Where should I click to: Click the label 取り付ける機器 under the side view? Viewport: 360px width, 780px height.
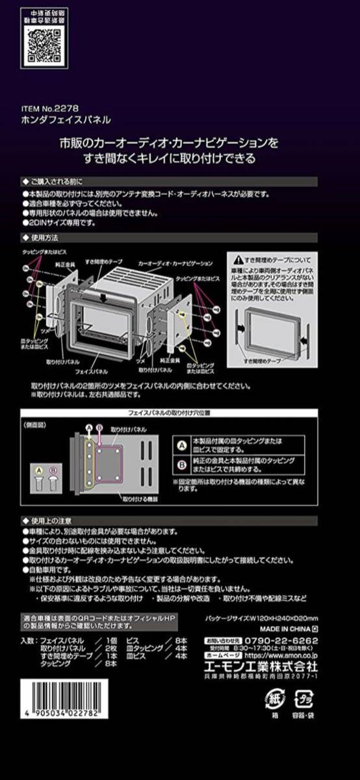(137, 500)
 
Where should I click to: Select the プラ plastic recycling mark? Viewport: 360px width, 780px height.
(304, 698)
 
